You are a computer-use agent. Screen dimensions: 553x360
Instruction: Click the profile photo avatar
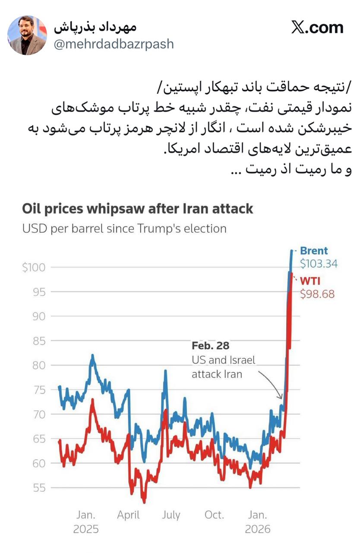pyautogui.click(x=27, y=35)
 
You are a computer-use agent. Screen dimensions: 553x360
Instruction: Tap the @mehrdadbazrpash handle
pyautogui.click(x=114, y=44)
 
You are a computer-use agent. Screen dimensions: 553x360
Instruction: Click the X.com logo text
pyautogui.click(x=317, y=28)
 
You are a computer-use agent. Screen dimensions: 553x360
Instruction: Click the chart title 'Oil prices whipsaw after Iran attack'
pyautogui.click(x=137, y=209)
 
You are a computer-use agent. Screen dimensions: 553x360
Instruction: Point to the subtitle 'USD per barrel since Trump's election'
pyautogui.click(x=124, y=228)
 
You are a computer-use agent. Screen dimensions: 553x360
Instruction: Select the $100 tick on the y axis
pyautogui.click(x=34, y=267)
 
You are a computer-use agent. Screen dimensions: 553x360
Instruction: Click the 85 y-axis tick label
pyautogui.click(x=40, y=341)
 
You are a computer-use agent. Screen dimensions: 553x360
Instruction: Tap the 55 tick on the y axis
pyautogui.click(x=40, y=488)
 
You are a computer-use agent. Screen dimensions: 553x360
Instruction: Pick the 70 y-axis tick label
pyautogui.click(x=40, y=414)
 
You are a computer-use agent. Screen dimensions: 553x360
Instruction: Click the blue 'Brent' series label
pyautogui.click(x=314, y=251)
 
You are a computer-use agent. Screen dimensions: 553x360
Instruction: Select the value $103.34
pyautogui.click(x=319, y=264)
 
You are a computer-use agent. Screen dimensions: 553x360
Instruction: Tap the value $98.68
pyautogui.click(x=317, y=295)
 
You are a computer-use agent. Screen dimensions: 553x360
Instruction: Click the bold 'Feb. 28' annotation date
pyautogui.click(x=210, y=346)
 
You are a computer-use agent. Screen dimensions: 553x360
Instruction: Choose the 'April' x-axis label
pyautogui.click(x=128, y=515)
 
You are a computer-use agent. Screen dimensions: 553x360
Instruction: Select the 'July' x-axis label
pyautogui.click(x=171, y=515)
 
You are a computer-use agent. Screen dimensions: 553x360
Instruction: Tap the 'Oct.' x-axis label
pyautogui.click(x=214, y=515)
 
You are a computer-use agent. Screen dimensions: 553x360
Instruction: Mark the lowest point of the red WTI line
pyautogui.click(x=144, y=502)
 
